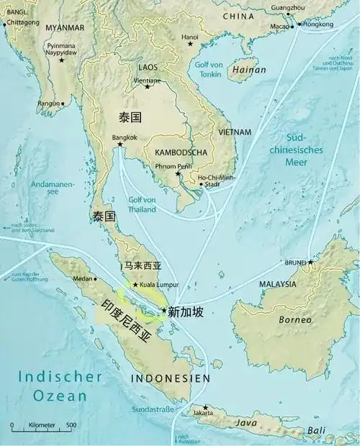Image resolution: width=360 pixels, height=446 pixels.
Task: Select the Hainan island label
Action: [x=248, y=70]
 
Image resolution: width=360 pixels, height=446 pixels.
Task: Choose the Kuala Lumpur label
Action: [x=158, y=285]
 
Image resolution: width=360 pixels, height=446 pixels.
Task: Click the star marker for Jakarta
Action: [x=205, y=407]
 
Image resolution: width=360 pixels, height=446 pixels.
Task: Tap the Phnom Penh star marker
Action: [x=178, y=173]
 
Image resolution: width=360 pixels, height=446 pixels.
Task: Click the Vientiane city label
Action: [x=148, y=81]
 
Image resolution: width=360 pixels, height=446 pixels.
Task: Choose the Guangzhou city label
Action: [x=288, y=6]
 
